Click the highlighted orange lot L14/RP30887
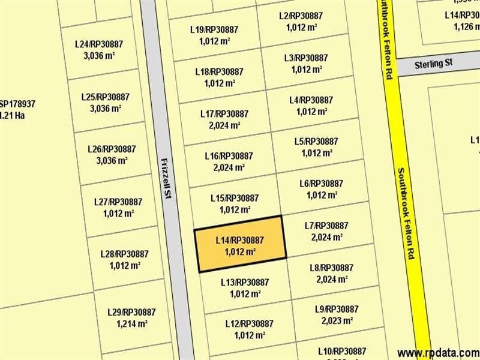coord(240,246)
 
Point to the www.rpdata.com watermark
coord(438,352)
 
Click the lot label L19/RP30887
coord(214,29)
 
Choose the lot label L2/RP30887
coord(301,16)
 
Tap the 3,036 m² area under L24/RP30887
coord(99,56)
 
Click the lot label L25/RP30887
coord(105,97)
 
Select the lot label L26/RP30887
coord(112,149)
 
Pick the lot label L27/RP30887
coord(118,202)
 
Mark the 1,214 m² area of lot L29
coord(132,324)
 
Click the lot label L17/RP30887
coord(224,113)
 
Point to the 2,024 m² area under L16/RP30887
coord(229,167)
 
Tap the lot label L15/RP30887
coord(235,197)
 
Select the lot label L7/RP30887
coord(326,226)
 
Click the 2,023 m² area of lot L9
coord(337,320)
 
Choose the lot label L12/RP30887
coord(250,323)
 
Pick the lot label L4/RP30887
coord(311,100)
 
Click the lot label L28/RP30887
coord(124,254)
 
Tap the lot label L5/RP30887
coord(316,141)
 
